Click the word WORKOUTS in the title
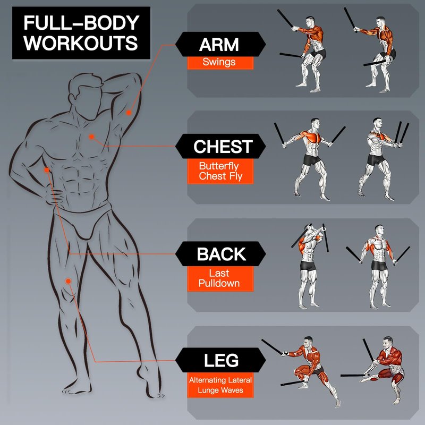pyautogui.click(x=81, y=42)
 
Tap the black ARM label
pyautogui.click(x=220, y=44)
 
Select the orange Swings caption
pyautogui.click(x=220, y=63)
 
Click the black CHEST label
pyautogui.click(x=220, y=146)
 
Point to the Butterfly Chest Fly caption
pyautogui.click(x=220, y=171)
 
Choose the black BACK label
pyautogui.click(x=220, y=254)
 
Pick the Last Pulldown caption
pyautogui.click(x=220, y=279)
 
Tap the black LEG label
pyautogui.click(x=220, y=360)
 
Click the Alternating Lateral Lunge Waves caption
pyautogui.click(x=220, y=385)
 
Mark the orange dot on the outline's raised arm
pyautogui.click(x=129, y=113)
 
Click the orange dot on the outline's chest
pyautogui.click(x=91, y=137)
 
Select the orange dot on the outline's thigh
pyautogui.click(x=69, y=282)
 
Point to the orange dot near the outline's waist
pyautogui.click(x=47, y=170)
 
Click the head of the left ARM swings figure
pyautogui.click(x=310, y=21)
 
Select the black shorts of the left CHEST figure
pyautogui.click(x=312, y=160)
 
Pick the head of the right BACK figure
pyautogui.click(x=379, y=231)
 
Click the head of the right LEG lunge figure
pyautogui.click(x=388, y=343)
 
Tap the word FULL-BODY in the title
pyautogui.click(x=81, y=23)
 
